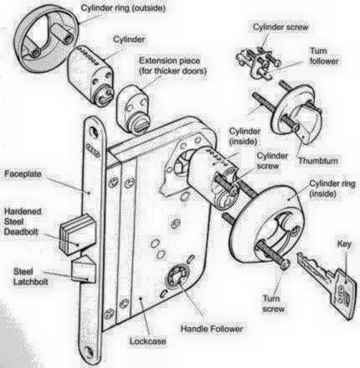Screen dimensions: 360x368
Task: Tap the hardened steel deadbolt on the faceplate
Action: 78,235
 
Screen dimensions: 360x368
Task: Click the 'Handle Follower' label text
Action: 212,329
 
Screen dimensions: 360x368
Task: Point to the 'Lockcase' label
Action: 147,341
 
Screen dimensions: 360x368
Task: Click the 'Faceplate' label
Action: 23,174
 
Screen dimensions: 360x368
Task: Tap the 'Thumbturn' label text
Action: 318,161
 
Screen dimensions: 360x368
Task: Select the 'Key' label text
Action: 344,244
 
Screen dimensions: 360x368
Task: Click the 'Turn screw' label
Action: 273,303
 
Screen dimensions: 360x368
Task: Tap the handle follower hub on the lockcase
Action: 177,277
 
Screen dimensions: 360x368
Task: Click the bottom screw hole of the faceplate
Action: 90,351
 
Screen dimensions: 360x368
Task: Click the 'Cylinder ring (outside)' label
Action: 123,8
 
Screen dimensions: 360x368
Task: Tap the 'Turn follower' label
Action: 324,56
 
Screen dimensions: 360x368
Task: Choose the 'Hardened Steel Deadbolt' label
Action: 23,221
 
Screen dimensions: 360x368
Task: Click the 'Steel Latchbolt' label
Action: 30,277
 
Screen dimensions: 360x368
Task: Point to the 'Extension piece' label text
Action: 169,60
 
